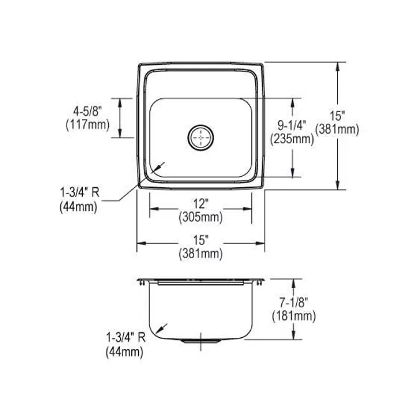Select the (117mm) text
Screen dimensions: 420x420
[88, 125]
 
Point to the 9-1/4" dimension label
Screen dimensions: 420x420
[292, 125]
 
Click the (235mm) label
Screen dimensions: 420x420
[292, 139]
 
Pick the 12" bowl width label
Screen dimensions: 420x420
[200, 204]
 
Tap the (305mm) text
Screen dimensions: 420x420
[200, 217]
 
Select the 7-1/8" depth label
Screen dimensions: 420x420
[294, 302]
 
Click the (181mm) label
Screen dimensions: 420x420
[294, 316]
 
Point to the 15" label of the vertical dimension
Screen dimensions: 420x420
[337, 116]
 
